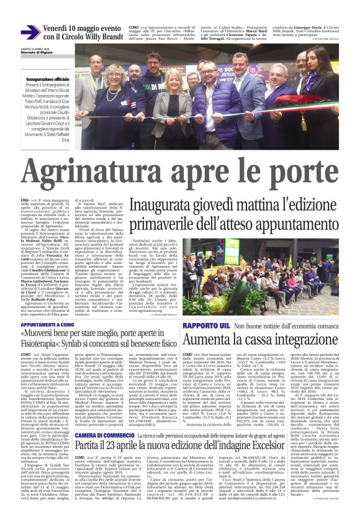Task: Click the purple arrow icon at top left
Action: click(x=30, y=33)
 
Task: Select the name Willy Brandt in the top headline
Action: click(x=101, y=38)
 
